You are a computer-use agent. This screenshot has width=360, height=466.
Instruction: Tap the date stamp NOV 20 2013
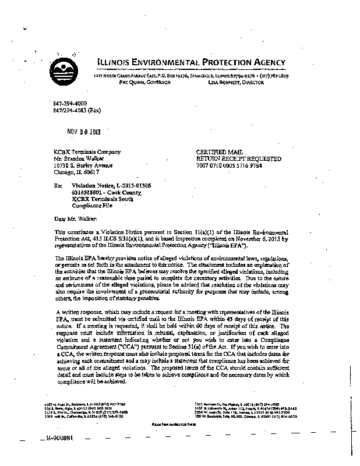84,131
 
